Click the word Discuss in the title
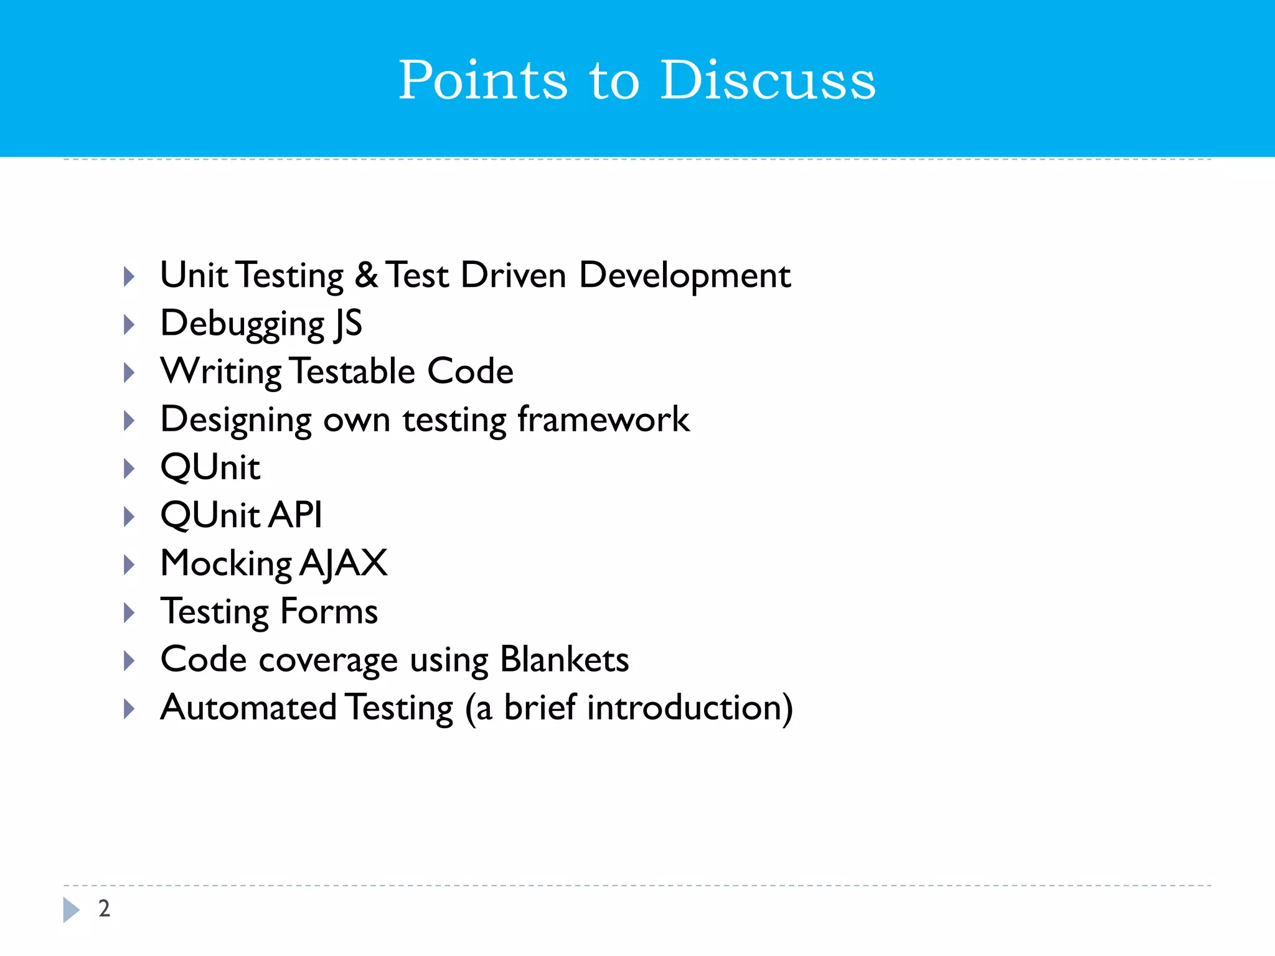768,80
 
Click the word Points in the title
482,80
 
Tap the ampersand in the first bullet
366,275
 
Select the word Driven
513,275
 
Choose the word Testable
353,371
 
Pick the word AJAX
344,564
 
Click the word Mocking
226,564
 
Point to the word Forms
329,611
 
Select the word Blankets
564,659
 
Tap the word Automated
248,708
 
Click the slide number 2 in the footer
104,909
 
